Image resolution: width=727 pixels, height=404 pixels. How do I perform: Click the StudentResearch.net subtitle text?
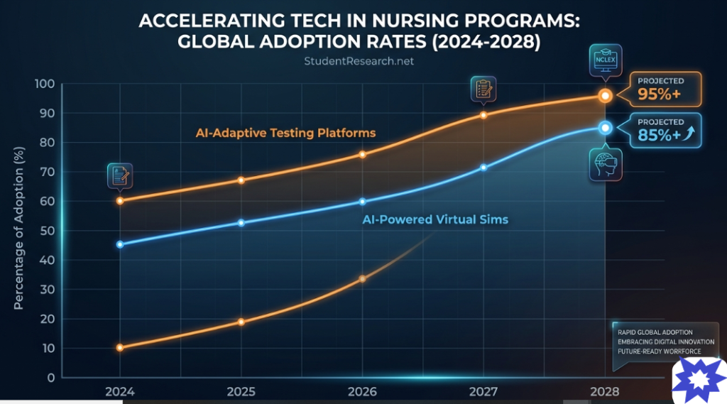click(x=359, y=61)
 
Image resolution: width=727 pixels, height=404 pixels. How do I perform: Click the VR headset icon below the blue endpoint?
click(x=605, y=164)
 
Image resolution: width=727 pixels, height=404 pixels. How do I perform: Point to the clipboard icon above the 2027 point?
click(x=483, y=89)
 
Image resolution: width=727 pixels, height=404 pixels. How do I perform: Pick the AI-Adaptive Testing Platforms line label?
click(x=285, y=133)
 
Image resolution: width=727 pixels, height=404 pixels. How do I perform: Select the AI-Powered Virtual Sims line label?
click(x=435, y=219)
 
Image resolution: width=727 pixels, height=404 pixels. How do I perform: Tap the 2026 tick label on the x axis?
click(x=362, y=392)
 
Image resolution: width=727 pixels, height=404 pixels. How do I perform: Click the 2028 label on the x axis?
click(x=605, y=392)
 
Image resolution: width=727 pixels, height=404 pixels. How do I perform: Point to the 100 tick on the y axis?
click(x=45, y=84)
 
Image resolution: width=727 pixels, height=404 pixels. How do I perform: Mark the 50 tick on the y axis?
click(x=46, y=231)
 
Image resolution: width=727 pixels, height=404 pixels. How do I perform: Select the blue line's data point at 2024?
click(x=120, y=244)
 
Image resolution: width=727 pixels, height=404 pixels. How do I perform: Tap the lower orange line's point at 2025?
click(x=241, y=322)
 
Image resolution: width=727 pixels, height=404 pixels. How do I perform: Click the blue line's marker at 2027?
click(x=483, y=168)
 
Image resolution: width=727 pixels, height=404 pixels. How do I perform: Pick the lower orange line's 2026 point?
click(x=362, y=278)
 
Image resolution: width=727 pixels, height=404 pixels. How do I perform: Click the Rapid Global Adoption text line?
click(x=655, y=332)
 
